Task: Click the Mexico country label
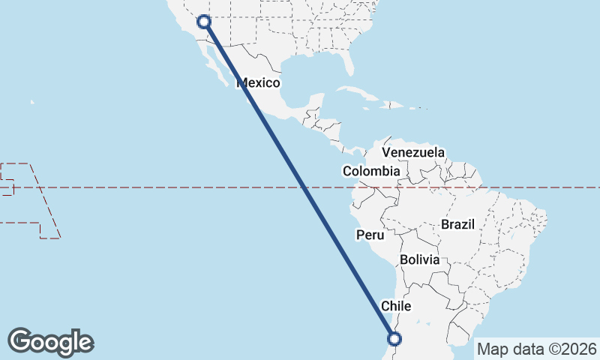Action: [x=258, y=83]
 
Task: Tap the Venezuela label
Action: [x=412, y=152]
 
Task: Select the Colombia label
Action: [x=371, y=171]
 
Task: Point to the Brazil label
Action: [x=458, y=224]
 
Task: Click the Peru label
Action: [x=370, y=235]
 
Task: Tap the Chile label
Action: [x=396, y=306]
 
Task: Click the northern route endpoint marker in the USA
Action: [x=203, y=21]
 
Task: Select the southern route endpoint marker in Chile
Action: [x=395, y=338]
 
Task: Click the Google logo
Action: [x=50, y=341]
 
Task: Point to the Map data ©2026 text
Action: [x=536, y=349]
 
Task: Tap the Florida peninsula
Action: [x=347, y=64]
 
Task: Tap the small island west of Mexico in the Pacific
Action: [x=32, y=102]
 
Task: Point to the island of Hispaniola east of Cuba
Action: [x=396, y=107]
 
